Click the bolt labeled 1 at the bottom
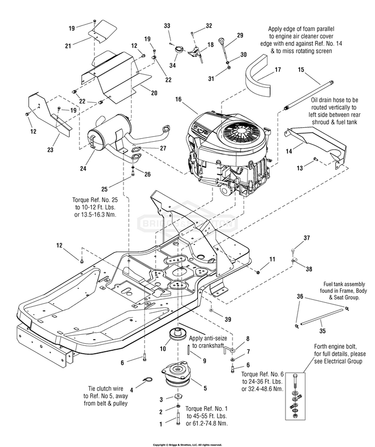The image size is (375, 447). tap(177, 414)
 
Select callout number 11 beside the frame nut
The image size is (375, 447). tap(272, 258)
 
